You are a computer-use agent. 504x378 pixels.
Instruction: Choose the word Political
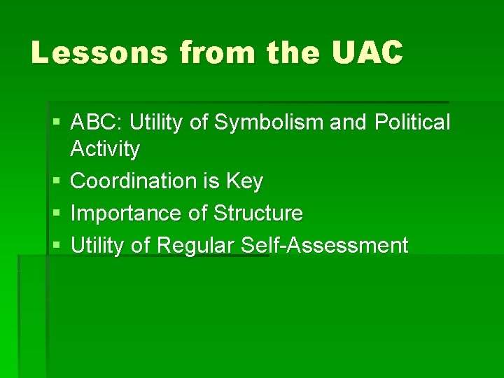[x=412, y=122]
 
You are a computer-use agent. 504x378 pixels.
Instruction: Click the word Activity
[x=105, y=149]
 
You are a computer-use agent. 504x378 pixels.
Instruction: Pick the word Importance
[x=126, y=213]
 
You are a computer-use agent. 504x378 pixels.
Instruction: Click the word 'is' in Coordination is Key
[x=211, y=181]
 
